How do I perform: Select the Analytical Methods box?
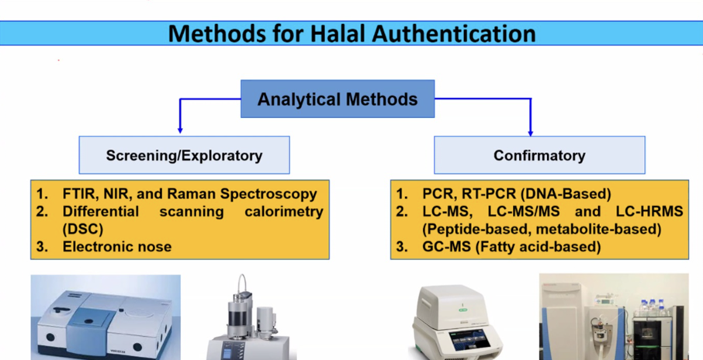338,99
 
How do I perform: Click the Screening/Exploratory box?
184,155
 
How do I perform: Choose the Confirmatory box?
539,155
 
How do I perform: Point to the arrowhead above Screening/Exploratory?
180,130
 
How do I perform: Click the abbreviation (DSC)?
83,229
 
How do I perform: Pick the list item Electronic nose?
117,246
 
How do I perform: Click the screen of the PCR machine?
475,343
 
